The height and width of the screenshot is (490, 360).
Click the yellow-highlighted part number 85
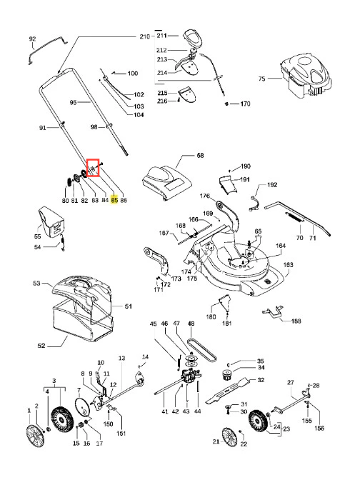click(114, 200)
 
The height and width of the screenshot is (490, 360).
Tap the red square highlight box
click(93, 167)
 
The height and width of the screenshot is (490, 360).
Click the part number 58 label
click(200, 155)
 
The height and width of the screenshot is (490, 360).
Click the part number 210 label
click(145, 36)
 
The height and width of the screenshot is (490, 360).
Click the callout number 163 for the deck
click(288, 265)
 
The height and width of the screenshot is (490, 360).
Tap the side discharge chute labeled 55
click(51, 221)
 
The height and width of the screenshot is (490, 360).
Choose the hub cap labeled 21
click(229, 437)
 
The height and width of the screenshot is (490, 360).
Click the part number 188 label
click(296, 321)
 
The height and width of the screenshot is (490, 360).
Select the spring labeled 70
click(294, 217)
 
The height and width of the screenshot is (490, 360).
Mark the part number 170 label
click(245, 104)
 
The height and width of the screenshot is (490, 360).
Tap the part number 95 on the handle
click(73, 102)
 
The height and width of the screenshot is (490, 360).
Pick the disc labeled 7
click(84, 408)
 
